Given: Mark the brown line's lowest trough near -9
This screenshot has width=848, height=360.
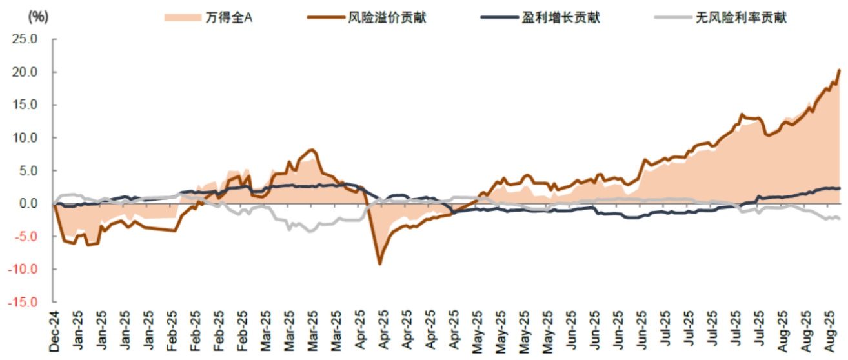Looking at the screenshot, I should pos(379,264).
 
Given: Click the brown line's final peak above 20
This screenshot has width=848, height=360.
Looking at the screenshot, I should pos(838,70).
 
